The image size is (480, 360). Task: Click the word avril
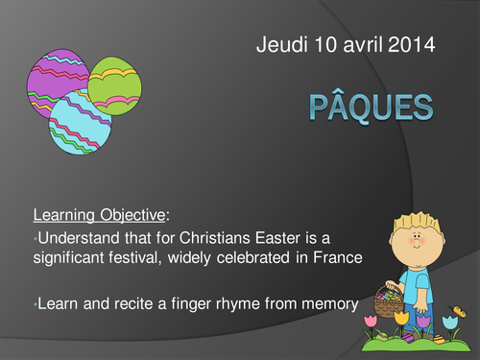354,44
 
